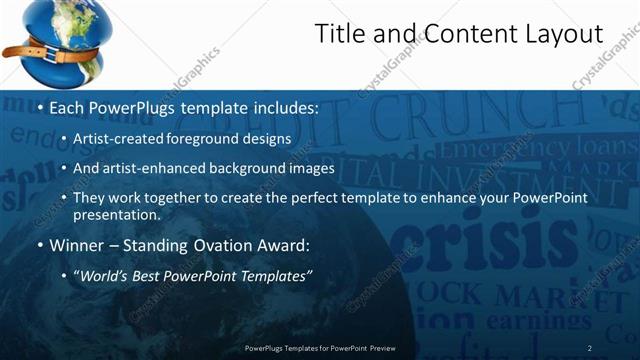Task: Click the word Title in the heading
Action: (340, 35)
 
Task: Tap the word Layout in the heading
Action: (564, 35)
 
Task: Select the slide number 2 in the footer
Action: (590, 348)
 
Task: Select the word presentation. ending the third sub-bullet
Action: (116, 215)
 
